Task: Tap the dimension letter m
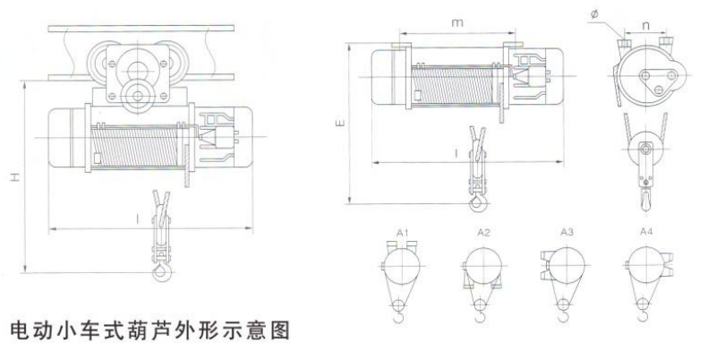pyautogui.click(x=457, y=21)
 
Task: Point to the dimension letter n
pyautogui.click(x=646, y=26)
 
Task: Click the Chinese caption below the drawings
pyautogui.click(x=150, y=331)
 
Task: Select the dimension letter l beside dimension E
pyautogui.click(x=456, y=154)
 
